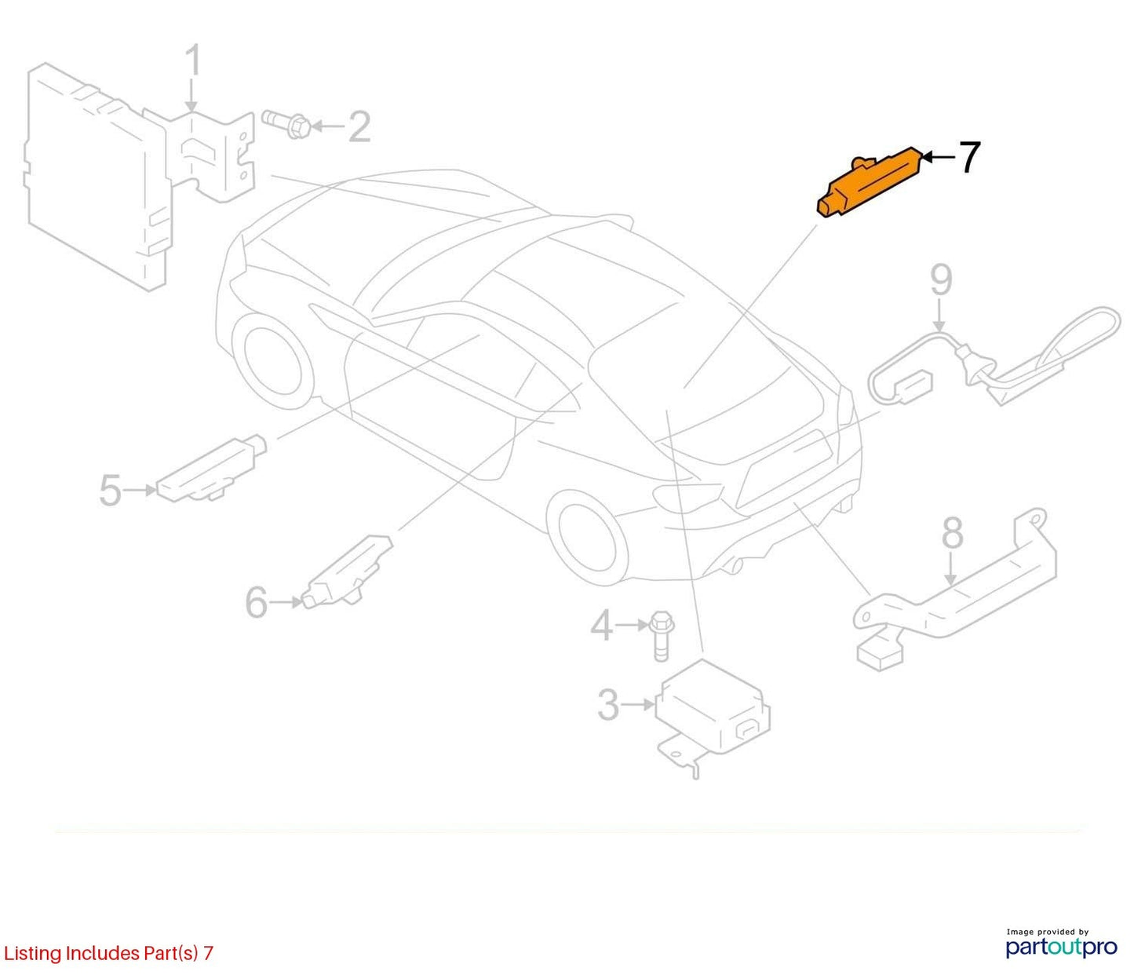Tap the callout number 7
pos(969,158)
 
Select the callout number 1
pos(193,61)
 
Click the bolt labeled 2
pos(286,125)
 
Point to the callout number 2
pos(360,127)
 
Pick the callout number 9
pos(942,280)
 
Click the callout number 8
pos(953,532)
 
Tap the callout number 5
pos(110,491)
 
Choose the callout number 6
pos(256,602)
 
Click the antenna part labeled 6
pos(347,571)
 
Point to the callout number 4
pos(602,626)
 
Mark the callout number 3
pos(608,704)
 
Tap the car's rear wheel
pos(588,539)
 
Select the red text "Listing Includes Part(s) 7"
pos(108,953)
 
